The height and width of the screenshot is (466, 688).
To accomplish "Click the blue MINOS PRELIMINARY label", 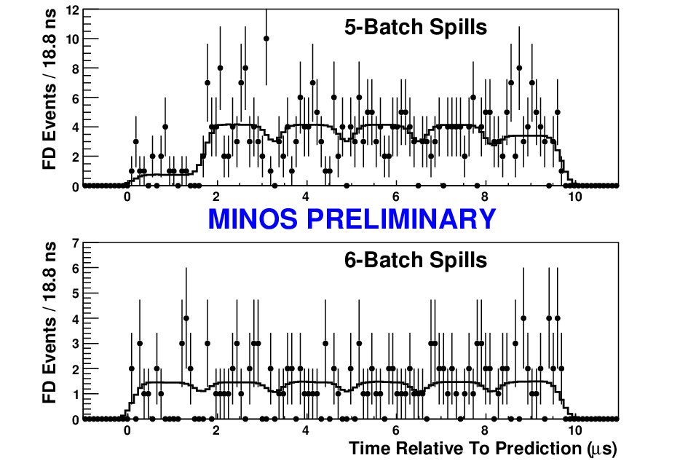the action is point(352,218).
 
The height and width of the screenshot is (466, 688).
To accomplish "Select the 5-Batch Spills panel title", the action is point(416,27).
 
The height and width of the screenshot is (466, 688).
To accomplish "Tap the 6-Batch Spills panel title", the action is point(416,260).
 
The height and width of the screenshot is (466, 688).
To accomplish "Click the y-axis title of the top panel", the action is point(50,90).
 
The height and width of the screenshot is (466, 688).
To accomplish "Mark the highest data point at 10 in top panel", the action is point(266,39).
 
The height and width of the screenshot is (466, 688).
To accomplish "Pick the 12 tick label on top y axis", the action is point(72,9).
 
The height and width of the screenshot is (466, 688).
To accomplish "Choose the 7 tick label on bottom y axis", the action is point(76,243).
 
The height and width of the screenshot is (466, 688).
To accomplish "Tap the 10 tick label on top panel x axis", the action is point(575,197).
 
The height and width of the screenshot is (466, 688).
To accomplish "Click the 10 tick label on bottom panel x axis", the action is point(575,430).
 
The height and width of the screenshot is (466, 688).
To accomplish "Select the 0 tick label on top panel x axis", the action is point(127,197).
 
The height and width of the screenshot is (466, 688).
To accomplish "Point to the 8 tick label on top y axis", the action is point(76,69).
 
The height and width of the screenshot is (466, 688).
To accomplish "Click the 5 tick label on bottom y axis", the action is point(76,293).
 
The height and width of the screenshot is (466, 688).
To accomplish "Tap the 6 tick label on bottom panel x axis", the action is point(395,430).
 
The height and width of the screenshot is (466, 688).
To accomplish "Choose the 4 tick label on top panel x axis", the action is point(306,197).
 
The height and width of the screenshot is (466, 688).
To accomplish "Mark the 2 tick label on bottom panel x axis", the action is point(216,430).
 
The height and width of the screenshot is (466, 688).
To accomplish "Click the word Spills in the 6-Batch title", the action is point(458,260).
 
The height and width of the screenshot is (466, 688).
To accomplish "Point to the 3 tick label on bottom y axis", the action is point(76,344).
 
